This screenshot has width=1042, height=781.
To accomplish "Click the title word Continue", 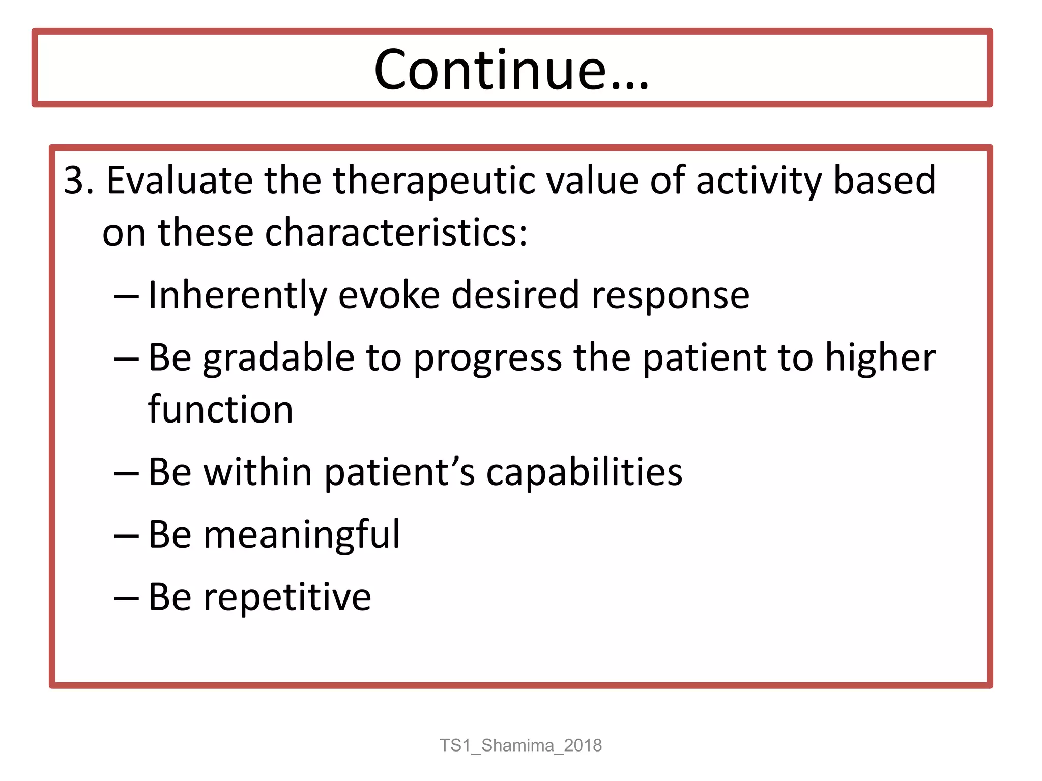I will point(511,70).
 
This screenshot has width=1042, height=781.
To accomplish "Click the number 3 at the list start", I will point(73,181).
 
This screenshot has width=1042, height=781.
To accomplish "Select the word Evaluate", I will point(179,181).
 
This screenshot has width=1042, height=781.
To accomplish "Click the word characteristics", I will point(396,232).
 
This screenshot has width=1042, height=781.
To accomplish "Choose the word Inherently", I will point(237,295).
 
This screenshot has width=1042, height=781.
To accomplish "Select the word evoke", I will point(389,295).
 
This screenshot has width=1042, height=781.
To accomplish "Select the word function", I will point(221,409).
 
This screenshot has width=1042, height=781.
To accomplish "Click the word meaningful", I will point(302,535).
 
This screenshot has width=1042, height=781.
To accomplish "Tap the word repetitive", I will point(287,597).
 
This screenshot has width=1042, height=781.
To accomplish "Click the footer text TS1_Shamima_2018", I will point(520,745).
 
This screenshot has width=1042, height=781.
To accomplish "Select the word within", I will point(257,472).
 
